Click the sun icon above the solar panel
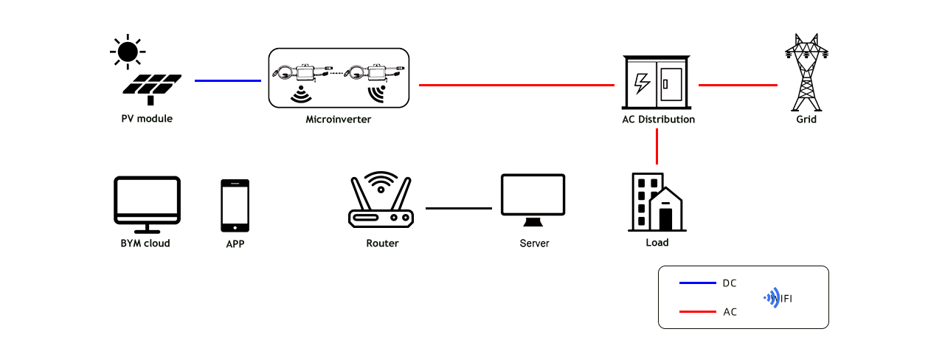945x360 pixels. (128, 52)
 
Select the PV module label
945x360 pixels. (147, 119)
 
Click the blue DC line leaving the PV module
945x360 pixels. (228, 80)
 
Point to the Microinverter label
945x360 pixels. (339, 120)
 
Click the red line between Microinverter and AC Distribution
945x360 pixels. (516, 86)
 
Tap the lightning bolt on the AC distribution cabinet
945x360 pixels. (642, 83)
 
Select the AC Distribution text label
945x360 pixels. (658, 120)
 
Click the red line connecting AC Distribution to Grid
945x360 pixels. (738, 86)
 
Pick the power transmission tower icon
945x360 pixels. (806, 72)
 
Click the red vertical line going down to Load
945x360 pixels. (657, 147)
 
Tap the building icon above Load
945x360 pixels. (657, 202)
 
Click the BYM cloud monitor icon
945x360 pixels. (148, 204)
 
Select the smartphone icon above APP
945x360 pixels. (235, 206)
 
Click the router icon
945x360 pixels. (381, 200)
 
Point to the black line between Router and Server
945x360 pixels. (459, 208)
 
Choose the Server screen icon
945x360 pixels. (533, 200)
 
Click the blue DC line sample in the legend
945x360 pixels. (698, 283)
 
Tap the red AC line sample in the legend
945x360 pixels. (698, 312)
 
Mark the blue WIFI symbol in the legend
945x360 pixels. (773, 298)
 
